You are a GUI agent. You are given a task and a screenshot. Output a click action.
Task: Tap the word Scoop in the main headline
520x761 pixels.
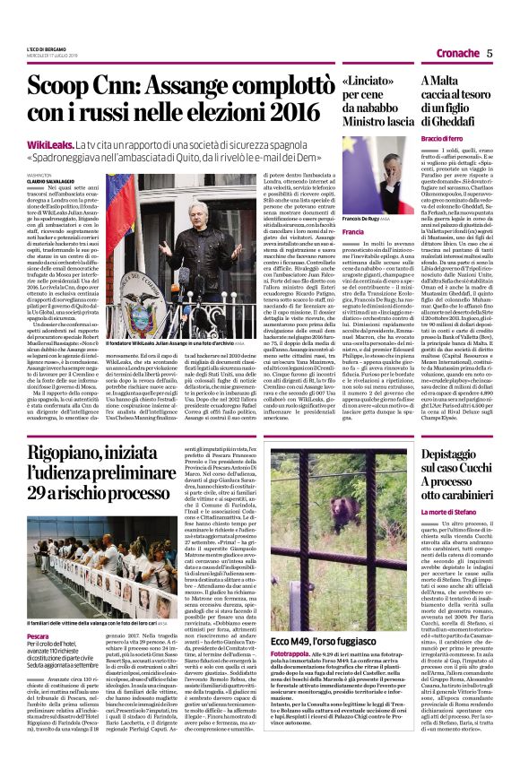(56, 89)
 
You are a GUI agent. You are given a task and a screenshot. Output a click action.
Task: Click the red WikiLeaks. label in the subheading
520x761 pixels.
(50, 143)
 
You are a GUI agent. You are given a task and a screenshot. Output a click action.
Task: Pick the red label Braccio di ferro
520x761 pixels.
(447, 141)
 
